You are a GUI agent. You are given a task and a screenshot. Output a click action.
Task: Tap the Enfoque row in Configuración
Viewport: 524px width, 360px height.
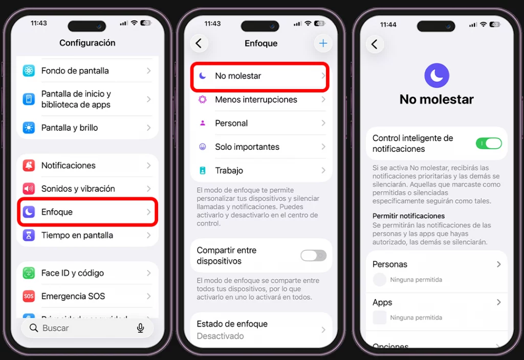(87, 212)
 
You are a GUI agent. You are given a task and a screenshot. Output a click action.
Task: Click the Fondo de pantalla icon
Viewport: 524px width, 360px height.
(29, 71)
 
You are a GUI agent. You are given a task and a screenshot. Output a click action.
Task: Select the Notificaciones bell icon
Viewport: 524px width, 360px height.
(29, 166)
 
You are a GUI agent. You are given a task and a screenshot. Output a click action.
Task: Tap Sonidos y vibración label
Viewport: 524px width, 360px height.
(78, 189)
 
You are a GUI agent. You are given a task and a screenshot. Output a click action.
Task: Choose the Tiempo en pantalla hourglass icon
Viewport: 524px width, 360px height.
(29, 235)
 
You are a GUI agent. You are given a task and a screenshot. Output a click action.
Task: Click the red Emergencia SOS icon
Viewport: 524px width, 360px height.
(29, 297)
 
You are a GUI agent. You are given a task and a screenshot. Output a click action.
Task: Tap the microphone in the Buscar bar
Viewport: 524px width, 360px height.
(140, 328)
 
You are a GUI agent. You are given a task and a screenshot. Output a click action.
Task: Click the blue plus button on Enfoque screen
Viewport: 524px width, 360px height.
(323, 43)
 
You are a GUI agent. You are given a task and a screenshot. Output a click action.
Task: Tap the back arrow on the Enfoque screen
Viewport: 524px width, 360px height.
(199, 43)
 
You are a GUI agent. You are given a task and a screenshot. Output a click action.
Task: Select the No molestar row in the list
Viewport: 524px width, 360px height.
(259, 76)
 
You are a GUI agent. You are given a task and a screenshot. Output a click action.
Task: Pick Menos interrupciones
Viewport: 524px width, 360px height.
(256, 100)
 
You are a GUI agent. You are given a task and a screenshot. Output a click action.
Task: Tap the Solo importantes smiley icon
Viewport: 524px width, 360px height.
(203, 147)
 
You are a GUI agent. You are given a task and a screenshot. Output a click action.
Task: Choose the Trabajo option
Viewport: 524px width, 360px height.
(229, 171)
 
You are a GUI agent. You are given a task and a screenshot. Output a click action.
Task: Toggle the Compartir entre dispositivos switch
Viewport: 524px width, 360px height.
(313, 256)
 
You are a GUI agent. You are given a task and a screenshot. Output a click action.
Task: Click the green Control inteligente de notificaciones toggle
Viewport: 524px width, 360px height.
(489, 144)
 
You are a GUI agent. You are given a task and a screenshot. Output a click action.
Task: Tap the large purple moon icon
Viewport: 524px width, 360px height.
(436, 76)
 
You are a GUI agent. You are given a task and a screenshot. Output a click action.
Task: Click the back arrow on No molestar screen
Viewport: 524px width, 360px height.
(375, 44)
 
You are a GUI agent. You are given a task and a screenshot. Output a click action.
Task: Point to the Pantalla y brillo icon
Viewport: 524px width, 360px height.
(29, 128)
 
